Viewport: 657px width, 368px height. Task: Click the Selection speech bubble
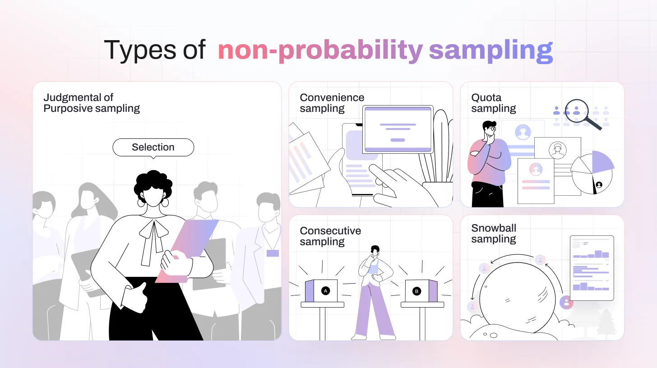point(153,147)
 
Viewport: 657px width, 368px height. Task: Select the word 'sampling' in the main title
point(490,51)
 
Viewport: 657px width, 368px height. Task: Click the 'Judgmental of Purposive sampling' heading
point(92,103)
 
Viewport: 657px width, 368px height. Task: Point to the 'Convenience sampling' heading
point(332,103)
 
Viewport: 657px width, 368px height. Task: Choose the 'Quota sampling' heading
point(493,103)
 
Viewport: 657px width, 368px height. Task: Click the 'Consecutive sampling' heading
point(330,236)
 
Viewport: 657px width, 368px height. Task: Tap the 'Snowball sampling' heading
point(494,234)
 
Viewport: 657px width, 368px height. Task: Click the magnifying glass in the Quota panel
point(579,111)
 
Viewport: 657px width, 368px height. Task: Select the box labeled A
point(321,291)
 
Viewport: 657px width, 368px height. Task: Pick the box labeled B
point(421,291)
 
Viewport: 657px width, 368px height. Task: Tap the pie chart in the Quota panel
point(592,172)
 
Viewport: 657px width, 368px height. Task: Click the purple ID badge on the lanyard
point(273,253)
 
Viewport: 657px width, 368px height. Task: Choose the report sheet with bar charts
point(592,268)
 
